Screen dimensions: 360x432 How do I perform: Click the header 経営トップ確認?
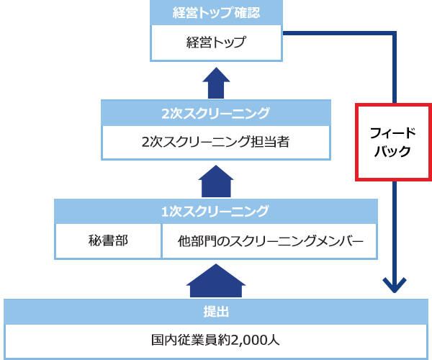tap(215, 13)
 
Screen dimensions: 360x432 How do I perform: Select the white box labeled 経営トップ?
tap(215, 42)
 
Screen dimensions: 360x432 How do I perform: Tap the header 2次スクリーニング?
tap(215, 113)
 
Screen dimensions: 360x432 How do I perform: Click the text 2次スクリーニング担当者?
tap(215, 142)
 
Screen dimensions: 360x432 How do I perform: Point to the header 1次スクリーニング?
tap(215, 211)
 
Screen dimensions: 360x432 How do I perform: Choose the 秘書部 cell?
tap(108, 240)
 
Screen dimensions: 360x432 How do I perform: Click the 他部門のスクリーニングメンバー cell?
tap(269, 240)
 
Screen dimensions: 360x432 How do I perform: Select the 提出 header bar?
tap(215, 311)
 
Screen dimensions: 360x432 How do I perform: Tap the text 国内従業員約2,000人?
tap(215, 339)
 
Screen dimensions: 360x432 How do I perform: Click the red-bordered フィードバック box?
tap(394, 142)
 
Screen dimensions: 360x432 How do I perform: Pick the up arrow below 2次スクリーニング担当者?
tap(215, 181)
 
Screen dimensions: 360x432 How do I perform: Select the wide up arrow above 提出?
tap(215, 281)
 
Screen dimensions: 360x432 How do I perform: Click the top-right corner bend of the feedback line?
tap(395, 33)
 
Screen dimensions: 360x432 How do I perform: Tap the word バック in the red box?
tap(394, 152)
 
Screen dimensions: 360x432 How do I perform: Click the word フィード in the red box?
tap(394, 132)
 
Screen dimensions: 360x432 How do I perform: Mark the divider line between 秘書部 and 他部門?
tap(161, 240)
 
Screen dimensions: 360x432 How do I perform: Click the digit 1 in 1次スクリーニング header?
tap(166, 211)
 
